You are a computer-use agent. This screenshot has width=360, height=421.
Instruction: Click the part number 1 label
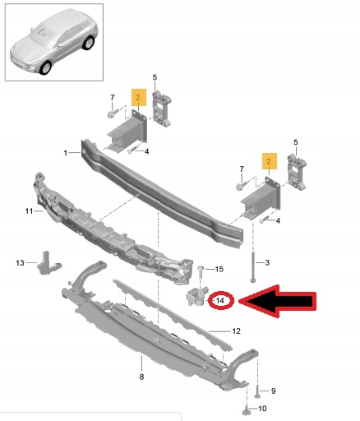coord(67,153)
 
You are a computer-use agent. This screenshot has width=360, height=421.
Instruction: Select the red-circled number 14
coord(220,302)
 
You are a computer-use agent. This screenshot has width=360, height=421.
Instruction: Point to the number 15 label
coord(218,270)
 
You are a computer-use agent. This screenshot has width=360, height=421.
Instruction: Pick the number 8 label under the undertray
coord(141,377)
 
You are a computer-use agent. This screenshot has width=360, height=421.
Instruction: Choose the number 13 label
coord(21,262)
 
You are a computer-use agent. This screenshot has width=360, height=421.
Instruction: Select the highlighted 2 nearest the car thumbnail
coord(139,96)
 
